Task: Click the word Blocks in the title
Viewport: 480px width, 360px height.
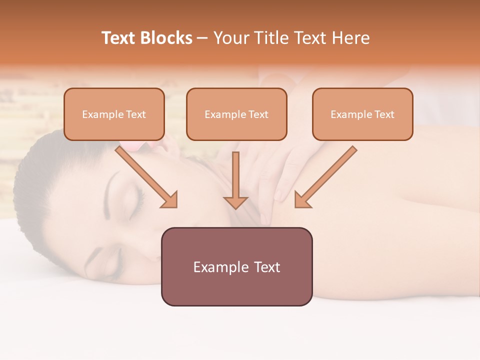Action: pyautogui.click(x=167, y=38)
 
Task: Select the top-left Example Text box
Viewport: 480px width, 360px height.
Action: pyautogui.click(x=114, y=114)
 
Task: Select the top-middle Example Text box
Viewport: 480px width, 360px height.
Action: pyautogui.click(x=236, y=114)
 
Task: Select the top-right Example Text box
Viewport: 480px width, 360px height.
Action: pyautogui.click(x=362, y=114)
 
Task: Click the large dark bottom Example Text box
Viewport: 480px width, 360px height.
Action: pyautogui.click(x=236, y=266)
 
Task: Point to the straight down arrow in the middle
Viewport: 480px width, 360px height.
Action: pyautogui.click(x=235, y=180)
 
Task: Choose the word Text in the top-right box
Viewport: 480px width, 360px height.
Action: pyautogui.click(x=384, y=114)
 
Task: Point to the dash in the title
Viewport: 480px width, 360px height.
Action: pyautogui.click(x=202, y=38)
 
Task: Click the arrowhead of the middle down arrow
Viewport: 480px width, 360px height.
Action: pyautogui.click(x=235, y=202)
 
